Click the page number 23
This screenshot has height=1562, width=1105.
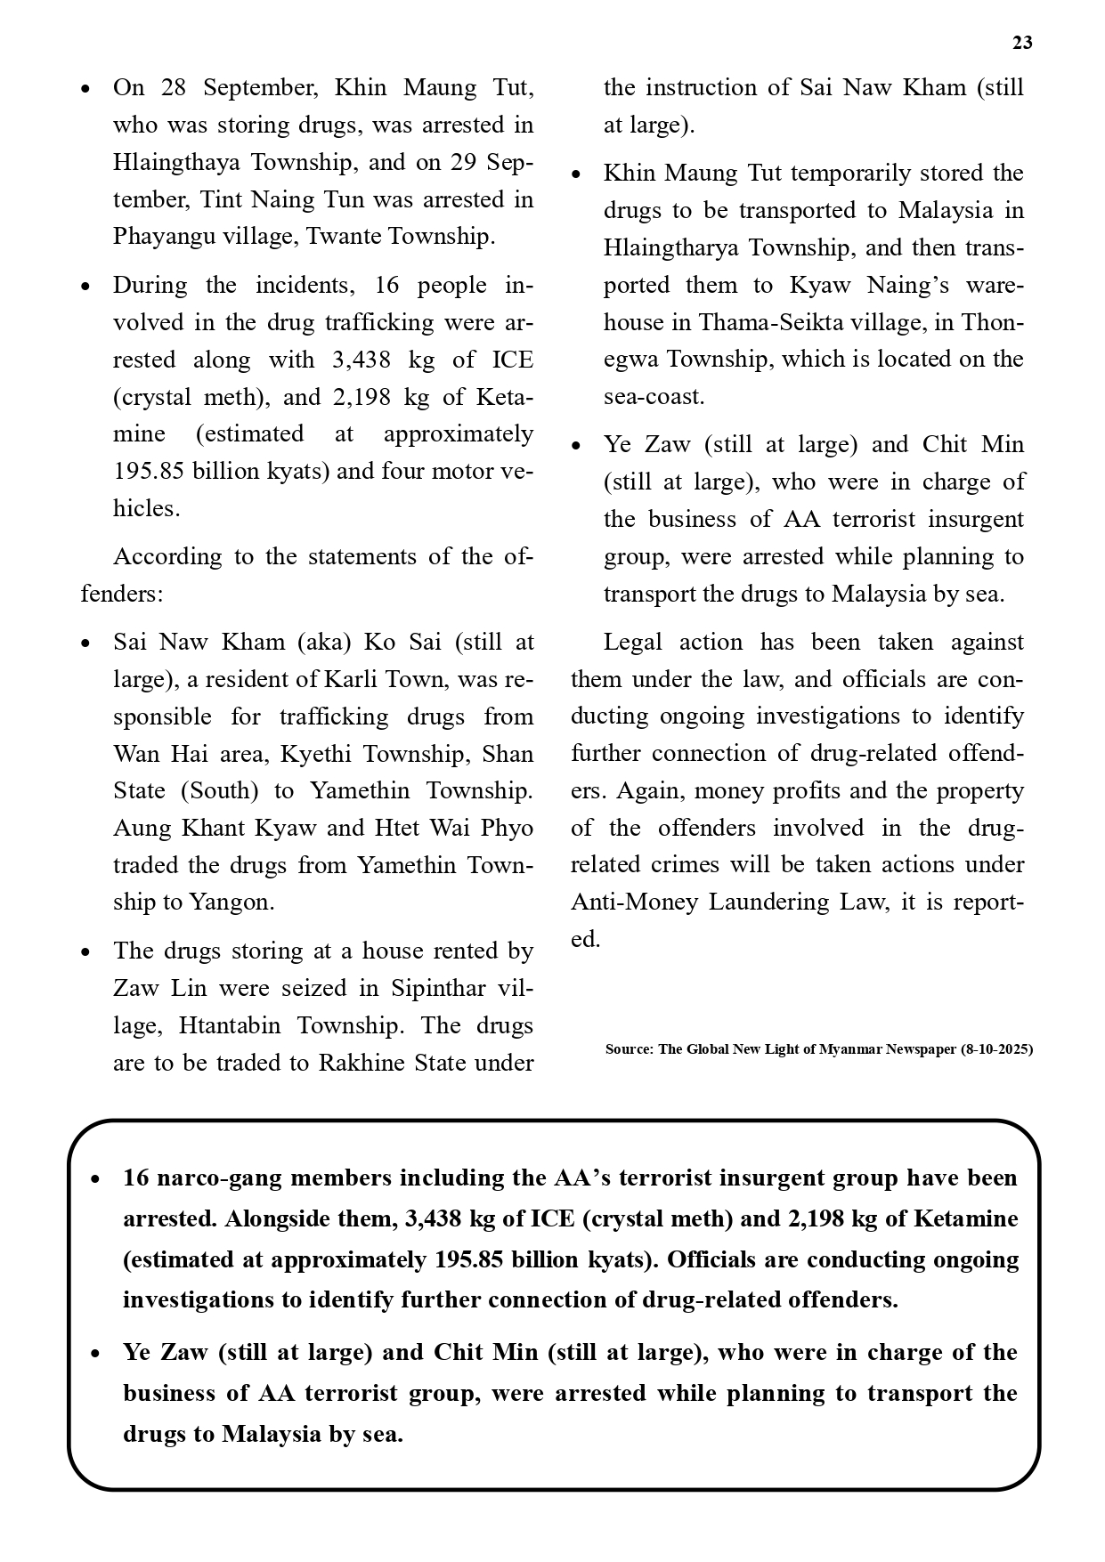pos(1022,43)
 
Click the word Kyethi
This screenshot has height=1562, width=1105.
pos(312,755)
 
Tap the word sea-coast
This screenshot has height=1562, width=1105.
pos(654,397)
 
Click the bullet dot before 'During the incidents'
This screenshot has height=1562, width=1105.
pos(85,287)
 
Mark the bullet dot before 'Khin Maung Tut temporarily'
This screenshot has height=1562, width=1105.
pos(576,174)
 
